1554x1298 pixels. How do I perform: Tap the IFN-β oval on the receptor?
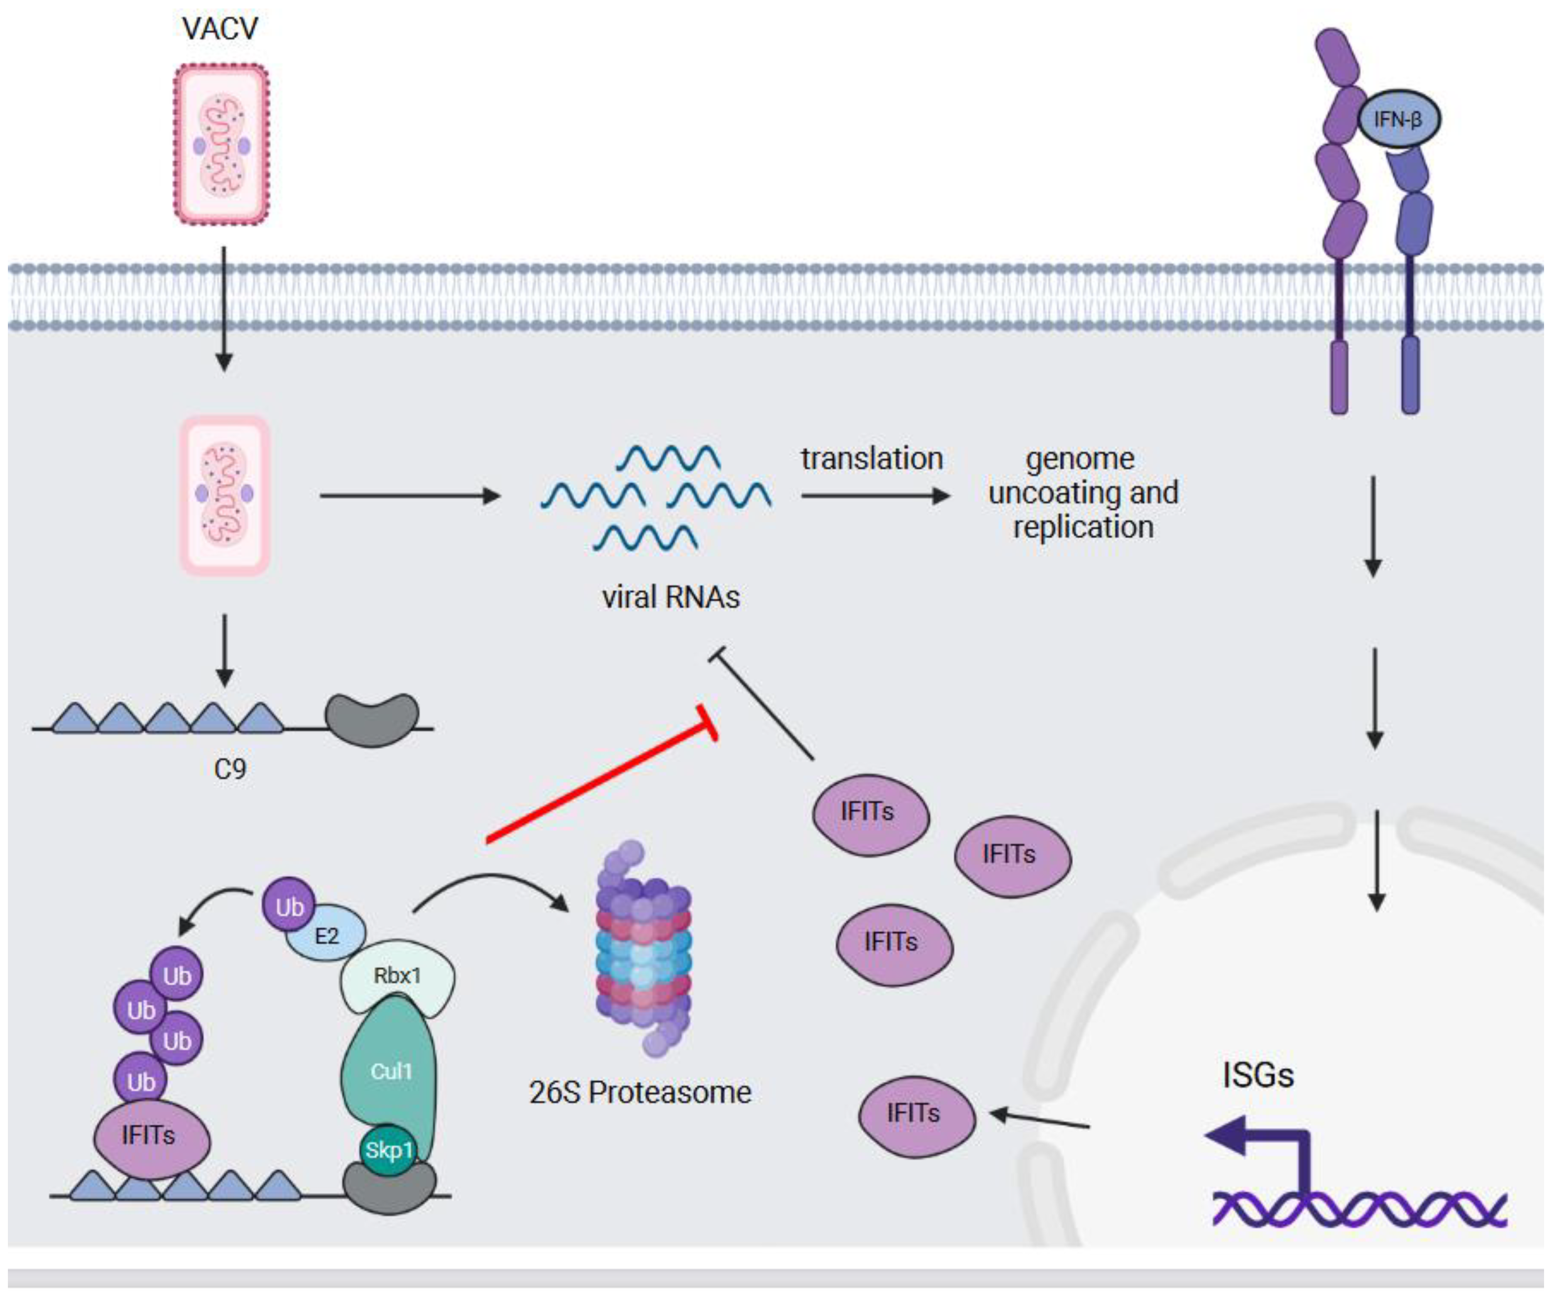click(x=1398, y=119)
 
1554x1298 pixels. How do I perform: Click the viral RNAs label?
click(x=670, y=597)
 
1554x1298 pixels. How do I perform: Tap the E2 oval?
click(x=326, y=936)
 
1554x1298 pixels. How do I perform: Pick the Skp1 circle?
click(x=388, y=1149)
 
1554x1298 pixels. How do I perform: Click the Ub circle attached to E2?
click(x=289, y=907)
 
